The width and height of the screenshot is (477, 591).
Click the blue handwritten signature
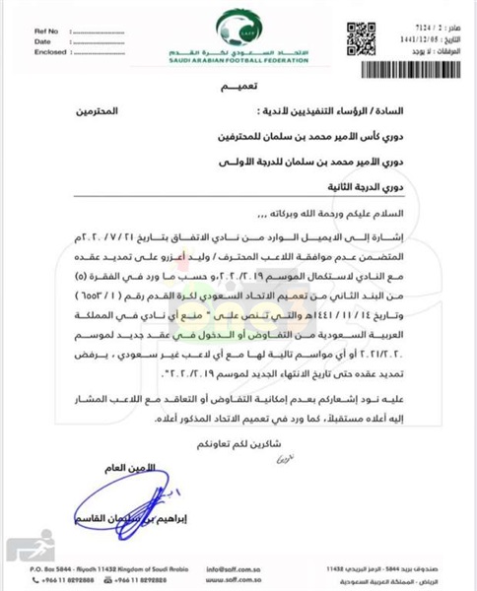click(108, 503)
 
